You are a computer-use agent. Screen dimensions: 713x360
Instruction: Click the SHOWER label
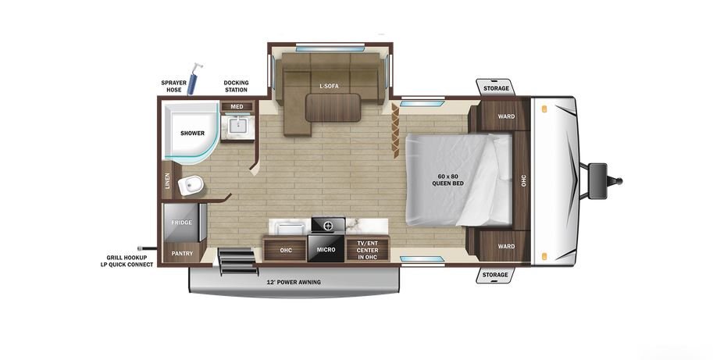click(x=192, y=134)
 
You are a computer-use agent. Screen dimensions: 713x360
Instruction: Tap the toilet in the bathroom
click(x=191, y=185)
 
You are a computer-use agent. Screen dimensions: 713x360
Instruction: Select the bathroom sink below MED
click(x=237, y=125)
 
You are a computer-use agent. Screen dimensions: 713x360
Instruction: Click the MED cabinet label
click(x=237, y=106)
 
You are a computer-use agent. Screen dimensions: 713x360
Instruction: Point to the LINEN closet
click(x=167, y=181)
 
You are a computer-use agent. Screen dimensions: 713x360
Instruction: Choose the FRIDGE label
click(x=181, y=223)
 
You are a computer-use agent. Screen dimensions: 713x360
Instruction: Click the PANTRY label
click(x=182, y=253)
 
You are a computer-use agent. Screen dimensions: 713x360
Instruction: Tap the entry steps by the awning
click(x=238, y=262)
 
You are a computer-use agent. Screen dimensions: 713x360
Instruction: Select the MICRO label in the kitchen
click(x=326, y=250)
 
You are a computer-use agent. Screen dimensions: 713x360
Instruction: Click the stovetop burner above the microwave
click(x=327, y=225)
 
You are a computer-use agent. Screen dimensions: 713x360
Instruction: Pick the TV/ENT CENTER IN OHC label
click(x=367, y=250)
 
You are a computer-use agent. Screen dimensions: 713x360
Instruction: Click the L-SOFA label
click(x=329, y=86)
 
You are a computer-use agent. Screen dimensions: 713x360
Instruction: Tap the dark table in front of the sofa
click(x=333, y=108)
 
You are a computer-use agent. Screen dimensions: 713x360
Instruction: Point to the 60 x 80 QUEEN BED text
click(x=448, y=180)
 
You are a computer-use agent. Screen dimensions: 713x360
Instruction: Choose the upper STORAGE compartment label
click(x=496, y=88)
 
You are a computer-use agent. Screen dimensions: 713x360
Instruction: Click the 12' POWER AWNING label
click(x=294, y=282)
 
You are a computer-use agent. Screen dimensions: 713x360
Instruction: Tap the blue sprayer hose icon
click(x=194, y=79)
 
